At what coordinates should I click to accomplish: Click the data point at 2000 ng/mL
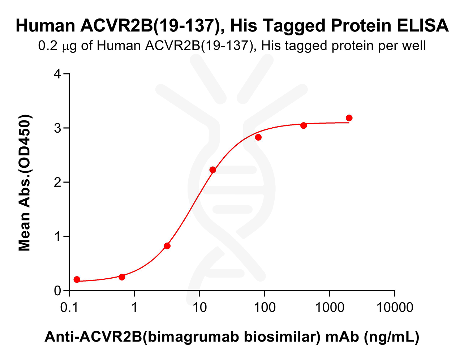point(349,118)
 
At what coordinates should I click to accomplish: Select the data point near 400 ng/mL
point(304,125)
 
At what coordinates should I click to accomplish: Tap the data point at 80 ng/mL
point(258,137)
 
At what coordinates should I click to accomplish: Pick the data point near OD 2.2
point(213,170)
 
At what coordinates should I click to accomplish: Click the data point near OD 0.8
point(167,246)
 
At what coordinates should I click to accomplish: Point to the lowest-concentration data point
point(77,279)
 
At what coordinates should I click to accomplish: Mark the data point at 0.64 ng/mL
point(122,277)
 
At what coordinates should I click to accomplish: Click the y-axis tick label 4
point(57,74)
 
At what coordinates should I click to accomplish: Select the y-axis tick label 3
point(57,128)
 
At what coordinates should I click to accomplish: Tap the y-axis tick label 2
point(57,183)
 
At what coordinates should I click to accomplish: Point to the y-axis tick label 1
point(57,237)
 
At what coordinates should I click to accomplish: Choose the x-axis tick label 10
point(199,308)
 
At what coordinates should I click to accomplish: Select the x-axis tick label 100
point(264,308)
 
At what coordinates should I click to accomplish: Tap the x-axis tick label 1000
point(329,308)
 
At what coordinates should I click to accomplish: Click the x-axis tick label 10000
point(394,308)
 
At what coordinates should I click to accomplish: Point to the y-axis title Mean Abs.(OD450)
point(25,183)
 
